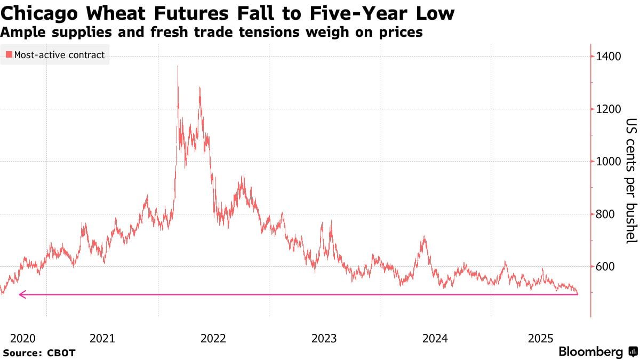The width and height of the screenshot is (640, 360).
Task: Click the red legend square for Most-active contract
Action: point(9,54)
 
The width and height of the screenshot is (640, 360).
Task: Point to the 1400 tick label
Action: point(609,57)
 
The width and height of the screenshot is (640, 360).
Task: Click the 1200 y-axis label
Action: point(609,109)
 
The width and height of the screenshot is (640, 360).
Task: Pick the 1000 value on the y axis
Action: point(609,162)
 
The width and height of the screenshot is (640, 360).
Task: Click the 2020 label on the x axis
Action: point(22,338)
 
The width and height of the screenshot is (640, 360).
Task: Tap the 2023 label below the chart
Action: point(324,338)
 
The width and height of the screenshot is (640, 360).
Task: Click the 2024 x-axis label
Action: point(435,338)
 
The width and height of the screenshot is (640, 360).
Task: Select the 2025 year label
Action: point(541,338)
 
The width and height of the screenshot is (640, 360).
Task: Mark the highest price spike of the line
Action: point(178,67)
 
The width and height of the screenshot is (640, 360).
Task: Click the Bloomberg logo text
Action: point(590,352)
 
